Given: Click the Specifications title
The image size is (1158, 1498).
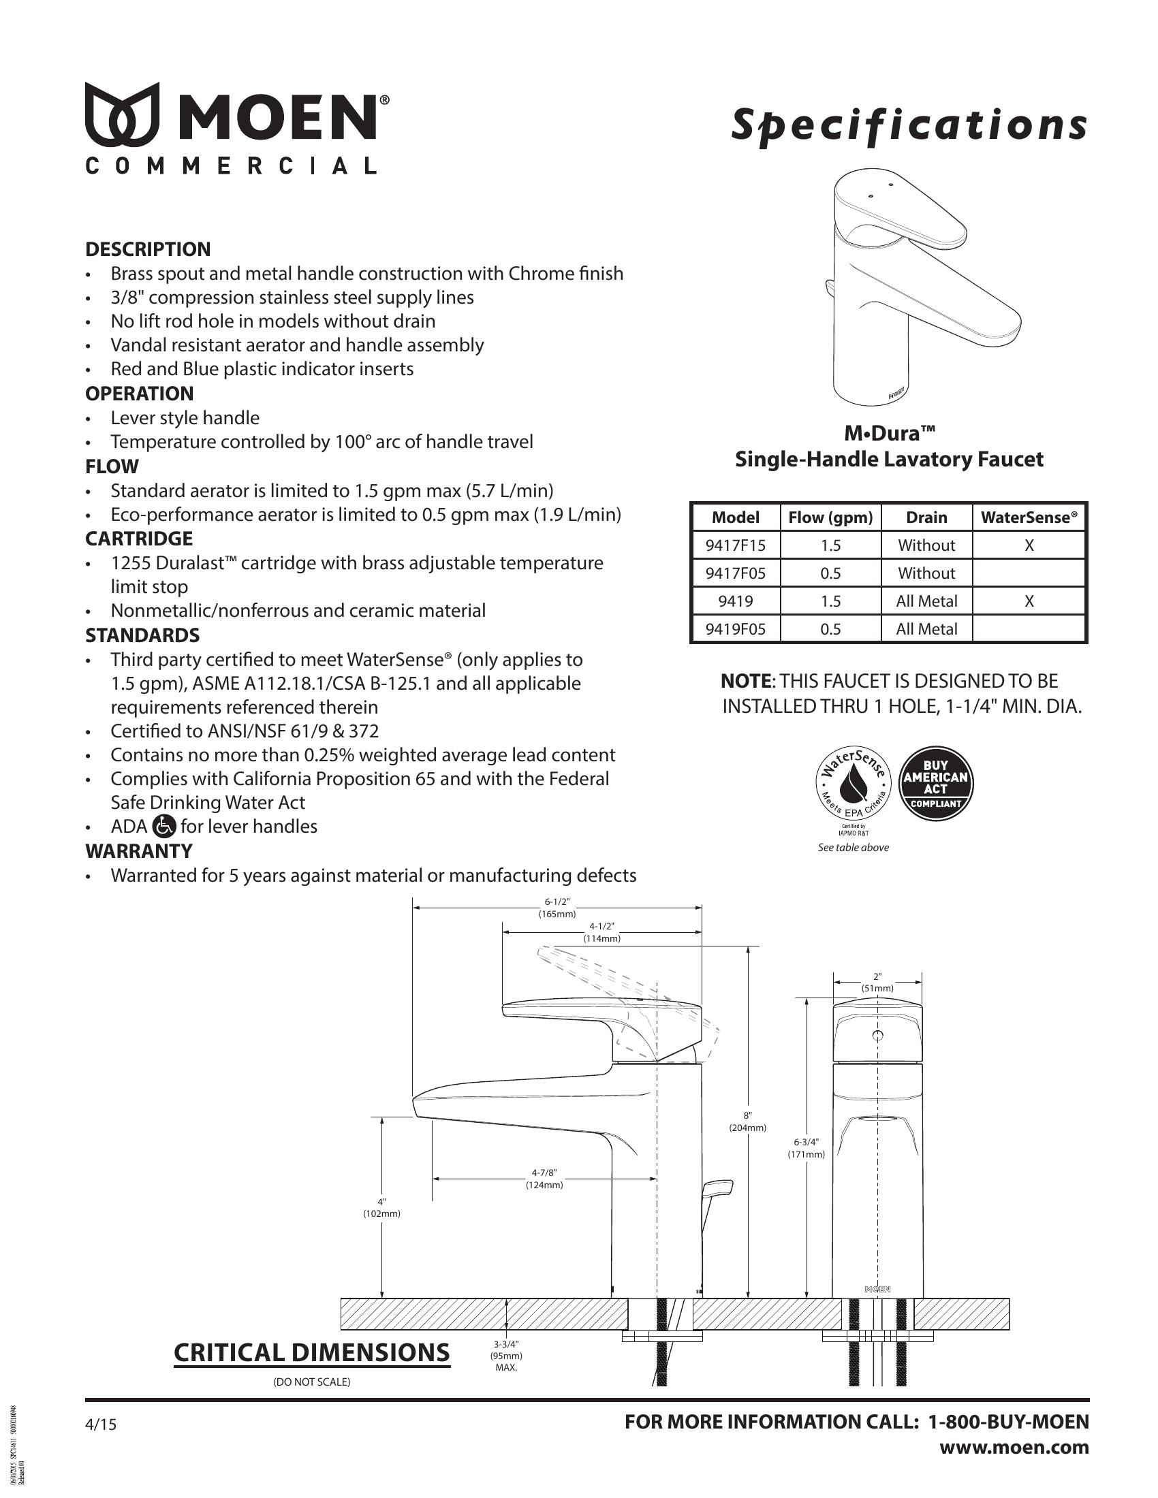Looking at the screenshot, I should pyautogui.click(x=909, y=125).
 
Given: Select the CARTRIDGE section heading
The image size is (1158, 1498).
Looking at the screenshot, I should pyautogui.click(x=139, y=539).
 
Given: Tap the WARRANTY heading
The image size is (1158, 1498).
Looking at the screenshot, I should pyautogui.click(x=139, y=850).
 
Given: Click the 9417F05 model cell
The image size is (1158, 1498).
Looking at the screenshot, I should pyautogui.click(x=735, y=573).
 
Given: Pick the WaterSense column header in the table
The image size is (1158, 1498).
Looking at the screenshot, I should pyautogui.click(x=1029, y=517).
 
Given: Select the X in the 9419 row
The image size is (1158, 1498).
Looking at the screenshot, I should pyautogui.click(x=1029, y=601).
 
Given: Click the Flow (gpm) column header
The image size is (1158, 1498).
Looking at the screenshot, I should pyautogui.click(x=830, y=517).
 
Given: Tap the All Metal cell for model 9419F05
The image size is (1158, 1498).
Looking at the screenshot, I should pyautogui.click(x=926, y=629).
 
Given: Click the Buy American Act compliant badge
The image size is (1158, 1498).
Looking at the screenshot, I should pyautogui.click(x=936, y=783).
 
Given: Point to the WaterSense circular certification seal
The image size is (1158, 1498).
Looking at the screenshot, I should pyautogui.click(x=854, y=784).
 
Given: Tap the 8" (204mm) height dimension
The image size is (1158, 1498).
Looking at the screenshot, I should pyautogui.click(x=747, y=1121).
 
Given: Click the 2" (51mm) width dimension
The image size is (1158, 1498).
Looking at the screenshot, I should pyautogui.click(x=877, y=981).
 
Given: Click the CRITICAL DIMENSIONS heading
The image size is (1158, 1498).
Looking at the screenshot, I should pyautogui.click(x=311, y=1352).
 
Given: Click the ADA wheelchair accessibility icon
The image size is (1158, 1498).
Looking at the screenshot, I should pyautogui.click(x=165, y=826).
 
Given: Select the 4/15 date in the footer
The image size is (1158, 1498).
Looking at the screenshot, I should pyautogui.click(x=101, y=1424).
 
